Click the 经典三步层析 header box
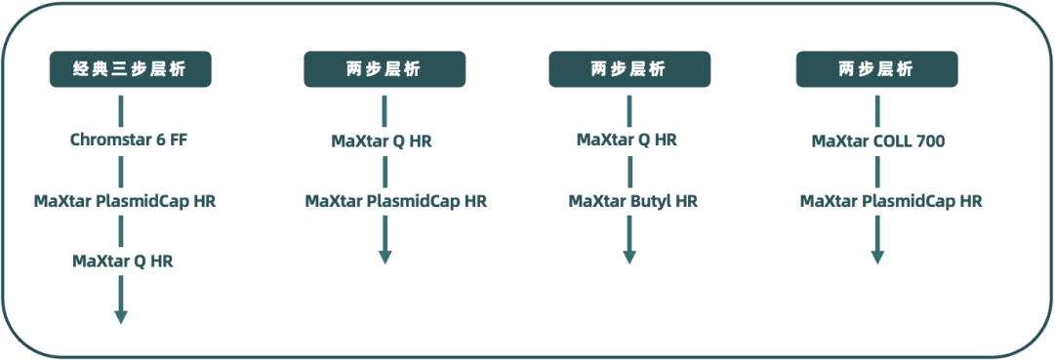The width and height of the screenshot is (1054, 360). [130, 69]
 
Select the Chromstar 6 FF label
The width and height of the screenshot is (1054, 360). [129, 140]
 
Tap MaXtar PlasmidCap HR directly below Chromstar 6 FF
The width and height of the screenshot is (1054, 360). [125, 202]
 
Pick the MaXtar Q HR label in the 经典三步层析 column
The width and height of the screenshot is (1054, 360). [122, 261]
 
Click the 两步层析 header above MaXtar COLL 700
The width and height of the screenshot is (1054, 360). [876, 69]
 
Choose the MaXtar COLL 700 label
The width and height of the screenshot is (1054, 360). [878, 141]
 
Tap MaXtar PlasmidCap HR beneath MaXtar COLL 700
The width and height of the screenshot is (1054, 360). [891, 202]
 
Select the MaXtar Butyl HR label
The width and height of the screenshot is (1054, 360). [633, 202]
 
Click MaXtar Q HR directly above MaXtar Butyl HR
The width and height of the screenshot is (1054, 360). [627, 140]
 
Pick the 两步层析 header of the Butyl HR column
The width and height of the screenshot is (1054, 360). [628, 69]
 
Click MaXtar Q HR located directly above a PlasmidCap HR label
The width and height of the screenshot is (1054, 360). [382, 141]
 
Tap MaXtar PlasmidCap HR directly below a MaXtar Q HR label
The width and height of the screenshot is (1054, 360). [395, 202]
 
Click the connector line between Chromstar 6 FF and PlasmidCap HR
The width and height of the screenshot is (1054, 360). [121, 171]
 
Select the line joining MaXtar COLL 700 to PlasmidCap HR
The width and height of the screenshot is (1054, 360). [877, 172]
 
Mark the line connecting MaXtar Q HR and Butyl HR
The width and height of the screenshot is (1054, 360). [629, 171]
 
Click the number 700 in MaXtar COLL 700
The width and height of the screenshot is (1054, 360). [930, 141]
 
